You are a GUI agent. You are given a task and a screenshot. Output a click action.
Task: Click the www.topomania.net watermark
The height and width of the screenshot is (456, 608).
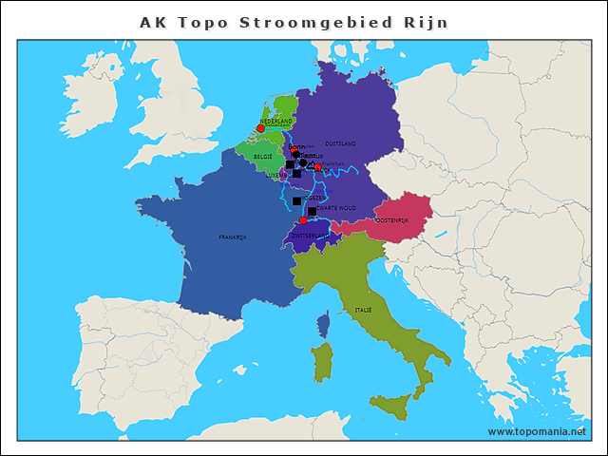pyautogui.click(x=537, y=431)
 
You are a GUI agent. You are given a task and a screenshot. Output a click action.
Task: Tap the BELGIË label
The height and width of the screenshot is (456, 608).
pyautogui.click(x=263, y=156)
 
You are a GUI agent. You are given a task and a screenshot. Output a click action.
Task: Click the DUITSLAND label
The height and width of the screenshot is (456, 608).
pyautogui.click(x=340, y=143)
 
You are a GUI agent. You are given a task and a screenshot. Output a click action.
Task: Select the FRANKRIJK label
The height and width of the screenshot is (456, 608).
pyautogui.click(x=232, y=237)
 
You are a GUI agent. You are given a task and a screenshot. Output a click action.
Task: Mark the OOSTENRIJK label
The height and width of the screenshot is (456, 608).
pyautogui.click(x=391, y=220)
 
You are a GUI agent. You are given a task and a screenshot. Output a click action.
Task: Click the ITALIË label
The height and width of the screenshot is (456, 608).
pyautogui.click(x=363, y=311)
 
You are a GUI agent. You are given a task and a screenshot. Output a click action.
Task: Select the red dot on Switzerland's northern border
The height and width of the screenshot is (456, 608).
pyautogui.click(x=303, y=220)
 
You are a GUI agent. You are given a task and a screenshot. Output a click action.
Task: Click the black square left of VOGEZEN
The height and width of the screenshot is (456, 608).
pyautogui.click(x=296, y=201)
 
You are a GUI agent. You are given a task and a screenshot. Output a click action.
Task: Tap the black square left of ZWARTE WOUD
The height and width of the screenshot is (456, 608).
pyautogui.click(x=312, y=211)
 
